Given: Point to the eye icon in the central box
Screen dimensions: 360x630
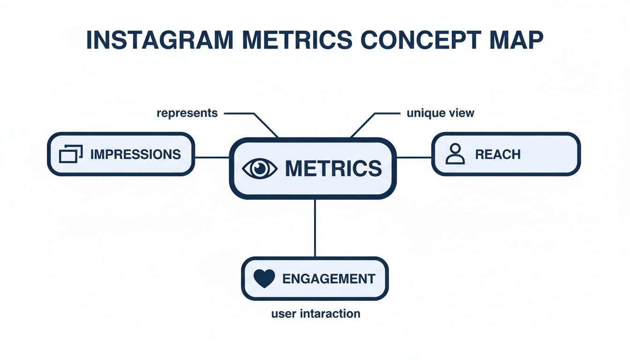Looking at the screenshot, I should point(260,168).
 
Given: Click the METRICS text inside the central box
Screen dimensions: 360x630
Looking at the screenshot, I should point(333,168).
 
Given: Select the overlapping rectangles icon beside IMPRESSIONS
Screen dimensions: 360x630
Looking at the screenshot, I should point(71,154).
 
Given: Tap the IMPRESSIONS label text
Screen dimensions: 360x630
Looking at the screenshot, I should point(135,154).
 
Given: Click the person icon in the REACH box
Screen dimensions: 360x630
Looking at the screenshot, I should point(455,154).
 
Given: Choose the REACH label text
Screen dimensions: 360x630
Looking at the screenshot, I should point(498,154).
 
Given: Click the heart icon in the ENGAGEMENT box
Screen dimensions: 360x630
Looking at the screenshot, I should point(264,279).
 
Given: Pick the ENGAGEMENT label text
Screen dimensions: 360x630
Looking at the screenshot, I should point(329,279).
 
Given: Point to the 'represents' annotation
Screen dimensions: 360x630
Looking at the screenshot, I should point(187,113).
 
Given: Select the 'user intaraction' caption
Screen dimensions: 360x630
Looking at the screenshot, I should point(315,314).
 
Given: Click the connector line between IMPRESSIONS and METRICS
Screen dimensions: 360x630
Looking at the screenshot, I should point(211,157).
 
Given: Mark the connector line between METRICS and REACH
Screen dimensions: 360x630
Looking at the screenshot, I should point(414,157).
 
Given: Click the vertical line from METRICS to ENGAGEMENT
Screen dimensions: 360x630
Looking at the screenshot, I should point(315,228).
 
